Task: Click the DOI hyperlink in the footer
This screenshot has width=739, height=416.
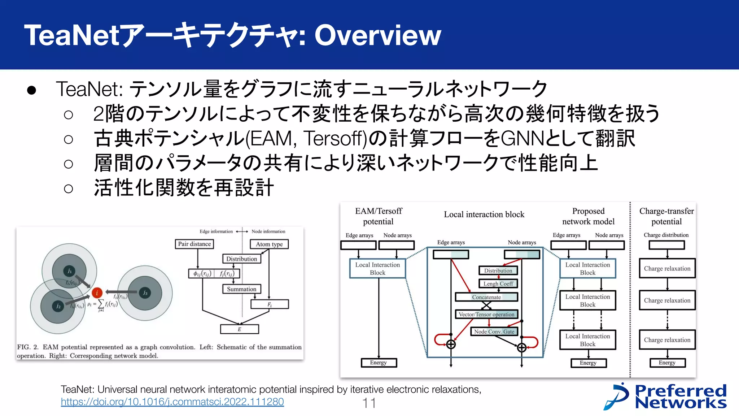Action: point(172,402)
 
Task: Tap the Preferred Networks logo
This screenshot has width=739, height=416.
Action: point(666,396)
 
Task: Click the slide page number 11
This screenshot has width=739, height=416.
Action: point(369,403)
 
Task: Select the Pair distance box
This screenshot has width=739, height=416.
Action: point(194,244)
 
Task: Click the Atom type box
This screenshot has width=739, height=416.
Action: point(269,244)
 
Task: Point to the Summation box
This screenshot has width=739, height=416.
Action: point(241,289)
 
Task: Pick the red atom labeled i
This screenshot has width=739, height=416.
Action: point(97,293)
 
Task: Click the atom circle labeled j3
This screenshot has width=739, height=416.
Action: point(145,293)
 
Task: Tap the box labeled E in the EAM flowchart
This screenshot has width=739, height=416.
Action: point(239,329)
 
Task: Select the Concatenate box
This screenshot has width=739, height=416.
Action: point(486,297)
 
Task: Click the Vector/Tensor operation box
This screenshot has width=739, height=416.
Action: point(486,314)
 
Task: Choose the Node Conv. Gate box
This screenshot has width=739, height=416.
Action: point(494,331)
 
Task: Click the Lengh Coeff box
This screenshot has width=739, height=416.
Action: point(498,283)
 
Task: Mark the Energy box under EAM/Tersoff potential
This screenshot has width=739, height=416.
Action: point(379,363)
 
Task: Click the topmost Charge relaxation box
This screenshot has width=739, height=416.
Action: point(667,268)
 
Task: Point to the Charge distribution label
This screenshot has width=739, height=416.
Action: point(666,235)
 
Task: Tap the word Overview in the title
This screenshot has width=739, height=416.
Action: point(377,35)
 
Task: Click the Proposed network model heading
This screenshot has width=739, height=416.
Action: point(588,216)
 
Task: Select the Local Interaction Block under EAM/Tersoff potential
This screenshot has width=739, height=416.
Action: point(377,269)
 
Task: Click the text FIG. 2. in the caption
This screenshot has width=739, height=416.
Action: point(27,347)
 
